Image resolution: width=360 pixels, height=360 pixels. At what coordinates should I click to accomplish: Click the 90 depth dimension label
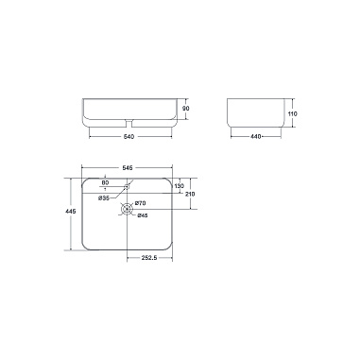tap(186, 109)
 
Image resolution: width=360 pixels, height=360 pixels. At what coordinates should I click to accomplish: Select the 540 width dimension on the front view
tap(129, 137)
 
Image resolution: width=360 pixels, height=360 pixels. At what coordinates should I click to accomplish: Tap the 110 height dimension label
tap(293, 113)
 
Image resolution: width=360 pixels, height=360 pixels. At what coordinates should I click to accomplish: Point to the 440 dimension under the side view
tap(256, 137)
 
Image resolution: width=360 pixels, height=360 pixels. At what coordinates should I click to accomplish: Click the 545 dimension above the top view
tap(127, 167)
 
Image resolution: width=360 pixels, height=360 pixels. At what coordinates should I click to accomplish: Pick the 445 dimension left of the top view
tap(71, 212)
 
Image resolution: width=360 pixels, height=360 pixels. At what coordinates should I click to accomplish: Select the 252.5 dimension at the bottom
tap(149, 258)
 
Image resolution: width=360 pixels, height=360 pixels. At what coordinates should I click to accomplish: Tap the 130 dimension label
tap(180, 186)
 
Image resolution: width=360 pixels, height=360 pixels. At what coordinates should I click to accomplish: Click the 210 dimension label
tap(190, 194)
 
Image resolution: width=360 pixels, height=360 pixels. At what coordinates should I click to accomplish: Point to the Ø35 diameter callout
tap(104, 198)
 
